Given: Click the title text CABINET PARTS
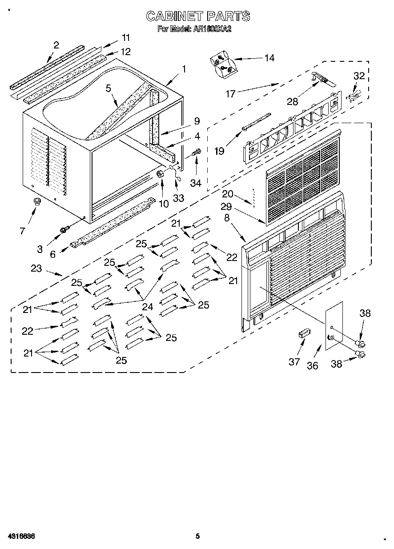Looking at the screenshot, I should pyautogui.click(x=198, y=16).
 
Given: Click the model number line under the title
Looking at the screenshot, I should pyautogui.click(x=194, y=29).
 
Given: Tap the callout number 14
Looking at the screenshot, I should pyautogui.click(x=269, y=58).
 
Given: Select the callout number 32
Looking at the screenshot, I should pyautogui.click(x=359, y=76).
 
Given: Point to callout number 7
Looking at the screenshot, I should pyautogui.click(x=22, y=230).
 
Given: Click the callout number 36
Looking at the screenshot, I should pyautogui.click(x=313, y=365).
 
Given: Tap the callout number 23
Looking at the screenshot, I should pyautogui.click(x=36, y=268).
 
